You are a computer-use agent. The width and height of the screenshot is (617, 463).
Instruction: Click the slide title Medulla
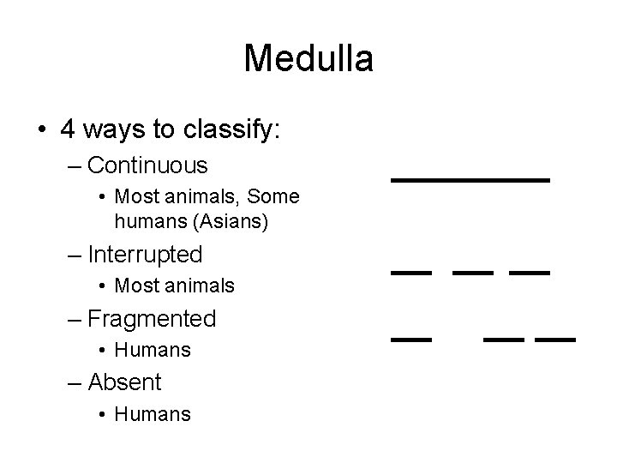pos(308,59)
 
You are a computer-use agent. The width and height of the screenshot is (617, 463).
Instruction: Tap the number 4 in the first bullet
pos(69,129)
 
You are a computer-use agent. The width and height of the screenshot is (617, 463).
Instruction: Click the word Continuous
pos(147,164)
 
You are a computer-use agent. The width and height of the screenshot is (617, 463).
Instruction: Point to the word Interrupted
pos(145,255)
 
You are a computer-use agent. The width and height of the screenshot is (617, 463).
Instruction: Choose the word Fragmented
pos(152,319)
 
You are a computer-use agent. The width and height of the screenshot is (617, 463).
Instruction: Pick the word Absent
pos(124,382)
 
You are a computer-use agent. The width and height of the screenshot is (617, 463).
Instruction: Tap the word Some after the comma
pos(274,196)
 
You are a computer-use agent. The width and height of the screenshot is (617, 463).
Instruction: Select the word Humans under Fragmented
pos(153,350)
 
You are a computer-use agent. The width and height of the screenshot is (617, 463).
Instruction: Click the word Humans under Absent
pos(153,414)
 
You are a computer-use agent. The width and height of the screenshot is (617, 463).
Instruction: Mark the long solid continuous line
pos(470,180)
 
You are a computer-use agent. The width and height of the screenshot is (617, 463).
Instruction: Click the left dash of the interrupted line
pos(411,273)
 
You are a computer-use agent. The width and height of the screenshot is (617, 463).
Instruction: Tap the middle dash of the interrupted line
pos(473,273)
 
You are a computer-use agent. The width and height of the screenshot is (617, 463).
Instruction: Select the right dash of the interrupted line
pos(529,273)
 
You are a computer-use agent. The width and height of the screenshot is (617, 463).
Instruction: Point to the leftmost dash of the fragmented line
pos(411,340)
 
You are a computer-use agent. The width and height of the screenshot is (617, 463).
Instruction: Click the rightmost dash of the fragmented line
pos(554,340)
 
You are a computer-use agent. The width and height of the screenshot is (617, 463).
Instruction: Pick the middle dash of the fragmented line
pos(504,340)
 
